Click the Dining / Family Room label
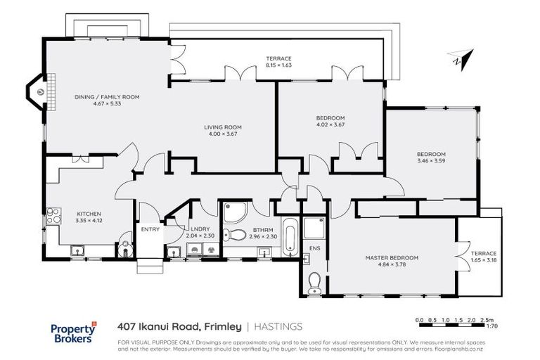[107, 97]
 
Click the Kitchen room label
[89, 214]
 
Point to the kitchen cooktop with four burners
[53, 216]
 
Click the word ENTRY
[150, 229]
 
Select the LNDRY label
[196, 229]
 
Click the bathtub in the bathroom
[290, 234]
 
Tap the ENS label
[314, 247]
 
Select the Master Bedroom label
[391, 258]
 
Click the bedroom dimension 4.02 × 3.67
[330, 124]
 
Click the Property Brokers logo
[74, 332]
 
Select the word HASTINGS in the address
[278, 326]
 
